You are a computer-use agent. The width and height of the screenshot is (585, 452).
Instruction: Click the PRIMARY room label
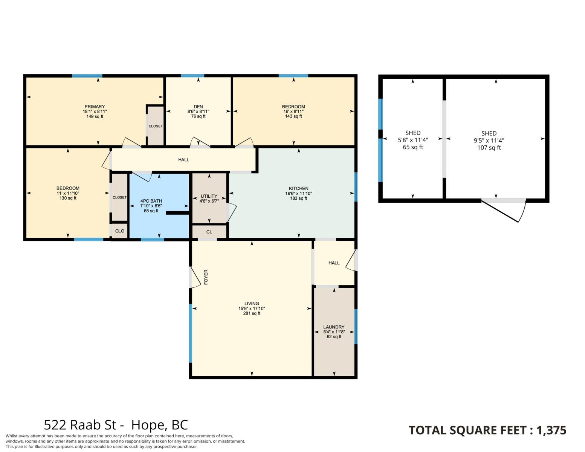click(x=95, y=107)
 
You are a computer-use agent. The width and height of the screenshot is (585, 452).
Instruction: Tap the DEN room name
click(x=198, y=107)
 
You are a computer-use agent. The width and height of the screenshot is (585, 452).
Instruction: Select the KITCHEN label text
click(x=299, y=188)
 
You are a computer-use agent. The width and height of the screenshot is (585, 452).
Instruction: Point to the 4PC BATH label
click(x=151, y=201)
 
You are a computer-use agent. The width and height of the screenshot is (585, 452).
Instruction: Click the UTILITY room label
click(x=209, y=196)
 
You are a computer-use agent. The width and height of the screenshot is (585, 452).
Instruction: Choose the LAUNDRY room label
click(x=334, y=327)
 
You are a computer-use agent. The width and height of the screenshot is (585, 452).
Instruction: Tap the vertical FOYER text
click(x=206, y=277)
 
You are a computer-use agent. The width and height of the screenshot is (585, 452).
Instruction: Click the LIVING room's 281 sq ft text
click(x=252, y=313)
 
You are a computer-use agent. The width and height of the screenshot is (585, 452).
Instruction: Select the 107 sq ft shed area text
click(x=489, y=148)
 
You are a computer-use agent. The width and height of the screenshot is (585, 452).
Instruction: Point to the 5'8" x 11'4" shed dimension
click(x=413, y=140)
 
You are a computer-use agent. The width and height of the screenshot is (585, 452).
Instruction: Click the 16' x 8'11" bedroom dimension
click(x=293, y=111)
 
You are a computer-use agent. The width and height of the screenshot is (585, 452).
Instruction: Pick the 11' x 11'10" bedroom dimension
click(x=68, y=193)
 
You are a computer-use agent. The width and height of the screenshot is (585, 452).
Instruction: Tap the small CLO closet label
click(x=119, y=231)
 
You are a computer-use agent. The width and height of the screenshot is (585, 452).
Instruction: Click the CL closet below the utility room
click(x=209, y=232)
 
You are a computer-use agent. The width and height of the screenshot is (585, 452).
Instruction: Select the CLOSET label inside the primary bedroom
click(x=156, y=126)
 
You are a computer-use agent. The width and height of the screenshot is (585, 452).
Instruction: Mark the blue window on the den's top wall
click(x=192, y=76)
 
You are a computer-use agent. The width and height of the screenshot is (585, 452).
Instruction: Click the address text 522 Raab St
click(x=80, y=425)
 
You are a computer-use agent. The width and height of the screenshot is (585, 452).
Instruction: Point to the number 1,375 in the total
click(x=551, y=430)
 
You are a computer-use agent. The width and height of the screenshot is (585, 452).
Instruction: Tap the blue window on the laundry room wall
click(x=356, y=327)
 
